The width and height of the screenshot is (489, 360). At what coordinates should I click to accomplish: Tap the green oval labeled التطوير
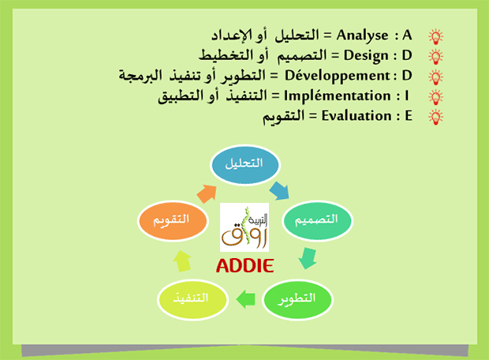pos(298,298)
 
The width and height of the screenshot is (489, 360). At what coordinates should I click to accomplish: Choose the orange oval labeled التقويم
pos(172,219)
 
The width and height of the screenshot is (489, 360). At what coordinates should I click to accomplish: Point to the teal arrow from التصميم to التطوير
pos(308,258)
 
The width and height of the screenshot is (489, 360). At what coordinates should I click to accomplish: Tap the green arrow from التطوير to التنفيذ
pos(246,298)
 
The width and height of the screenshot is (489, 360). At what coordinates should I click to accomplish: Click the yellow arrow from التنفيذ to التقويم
pos(183,260)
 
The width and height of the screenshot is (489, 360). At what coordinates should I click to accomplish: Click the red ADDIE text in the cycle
pos(244,265)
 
